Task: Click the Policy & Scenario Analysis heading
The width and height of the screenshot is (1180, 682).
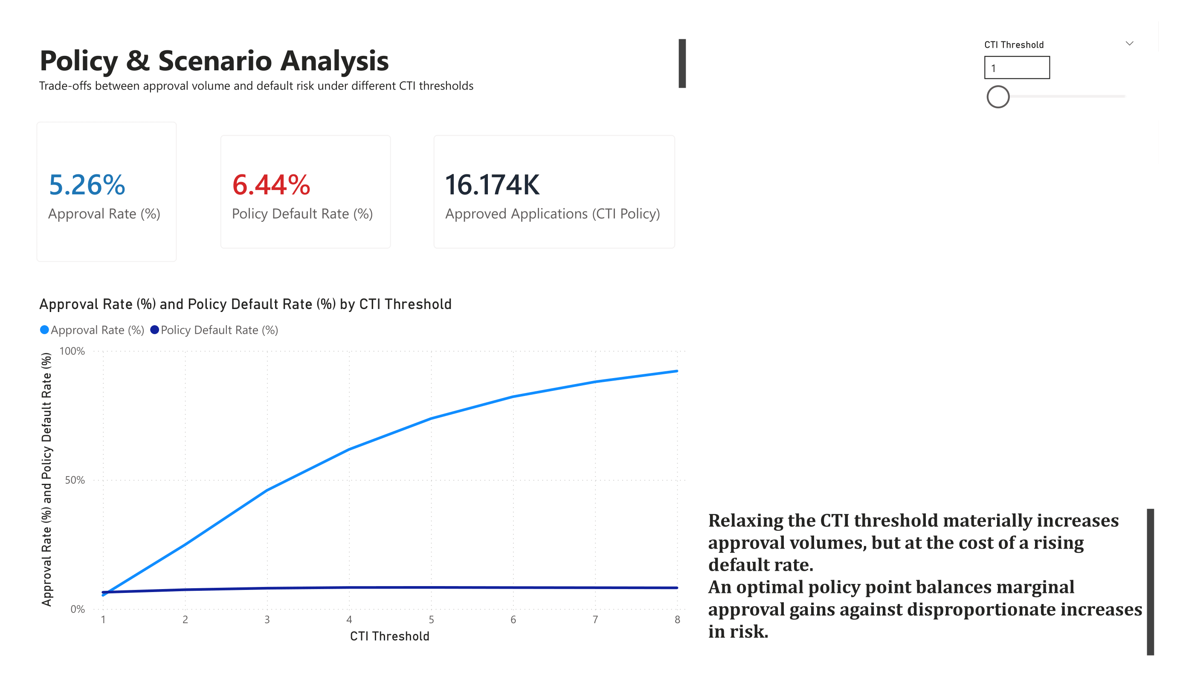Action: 214,61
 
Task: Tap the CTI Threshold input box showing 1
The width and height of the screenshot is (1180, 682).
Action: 1016,68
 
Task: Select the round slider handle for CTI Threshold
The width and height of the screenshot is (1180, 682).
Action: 997,97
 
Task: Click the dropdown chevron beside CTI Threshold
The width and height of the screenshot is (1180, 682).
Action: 1129,43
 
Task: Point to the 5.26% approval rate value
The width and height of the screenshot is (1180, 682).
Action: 87,185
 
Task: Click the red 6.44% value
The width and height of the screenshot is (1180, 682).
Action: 271,185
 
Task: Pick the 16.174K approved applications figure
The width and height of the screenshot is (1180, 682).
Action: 492,185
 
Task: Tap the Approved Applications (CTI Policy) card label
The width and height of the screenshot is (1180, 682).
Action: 552,214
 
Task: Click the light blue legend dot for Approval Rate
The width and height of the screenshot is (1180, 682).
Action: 44,330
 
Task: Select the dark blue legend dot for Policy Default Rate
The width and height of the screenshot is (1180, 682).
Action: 154,330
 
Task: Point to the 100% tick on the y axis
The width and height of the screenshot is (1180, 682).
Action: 72,351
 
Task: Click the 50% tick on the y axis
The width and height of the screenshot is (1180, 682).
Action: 75,480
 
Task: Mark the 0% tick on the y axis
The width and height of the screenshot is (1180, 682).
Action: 77,609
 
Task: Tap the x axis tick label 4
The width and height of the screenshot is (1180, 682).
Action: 349,620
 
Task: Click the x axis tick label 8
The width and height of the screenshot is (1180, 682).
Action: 677,620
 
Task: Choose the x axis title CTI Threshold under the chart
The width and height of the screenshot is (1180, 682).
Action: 390,636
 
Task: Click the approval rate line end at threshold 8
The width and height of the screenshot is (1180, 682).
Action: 677,371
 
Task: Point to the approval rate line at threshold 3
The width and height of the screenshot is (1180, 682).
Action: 267,490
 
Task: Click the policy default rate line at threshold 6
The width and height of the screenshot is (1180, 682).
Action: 513,587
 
